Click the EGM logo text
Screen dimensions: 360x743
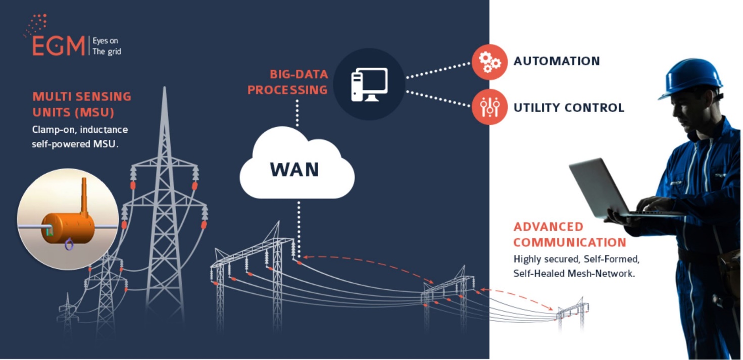click(x=59, y=46)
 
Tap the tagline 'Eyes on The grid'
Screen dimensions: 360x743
click(x=107, y=46)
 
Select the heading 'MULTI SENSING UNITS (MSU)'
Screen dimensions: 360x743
click(x=82, y=104)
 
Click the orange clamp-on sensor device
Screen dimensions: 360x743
click(x=66, y=228)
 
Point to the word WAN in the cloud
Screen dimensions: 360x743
click(x=294, y=169)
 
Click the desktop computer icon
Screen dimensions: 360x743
click(x=369, y=84)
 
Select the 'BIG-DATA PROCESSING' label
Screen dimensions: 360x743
click(x=288, y=82)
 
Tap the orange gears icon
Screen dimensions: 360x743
click(x=489, y=62)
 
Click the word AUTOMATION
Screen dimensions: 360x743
click(x=557, y=62)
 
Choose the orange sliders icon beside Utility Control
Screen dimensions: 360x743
click(x=489, y=107)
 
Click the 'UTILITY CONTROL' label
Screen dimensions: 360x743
click(x=569, y=108)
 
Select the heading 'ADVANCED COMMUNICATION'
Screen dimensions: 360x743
click(x=570, y=234)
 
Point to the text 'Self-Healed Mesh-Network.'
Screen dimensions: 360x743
click(x=574, y=274)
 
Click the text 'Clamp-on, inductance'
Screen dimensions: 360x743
click(x=80, y=130)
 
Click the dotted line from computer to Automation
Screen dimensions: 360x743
click(x=437, y=71)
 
